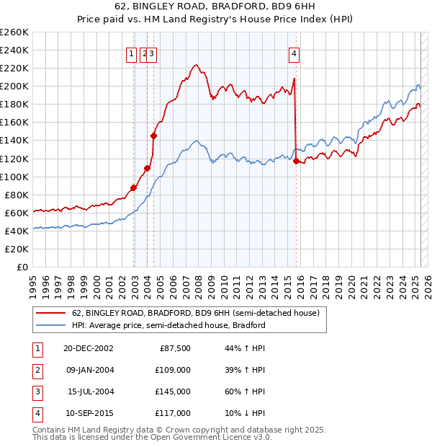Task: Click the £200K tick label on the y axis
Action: click(x=14, y=86)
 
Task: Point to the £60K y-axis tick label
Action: click(x=17, y=213)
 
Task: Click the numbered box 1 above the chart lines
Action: click(x=131, y=53)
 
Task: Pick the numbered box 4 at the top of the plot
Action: click(x=295, y=53)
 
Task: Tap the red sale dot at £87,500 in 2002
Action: click(x=134, y=187)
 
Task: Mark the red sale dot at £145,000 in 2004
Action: click(x=153, y=136)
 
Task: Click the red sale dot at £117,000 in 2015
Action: click(x=296, y=161)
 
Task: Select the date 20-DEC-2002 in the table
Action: click(x=89, y=348)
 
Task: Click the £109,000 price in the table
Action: click(x=174, y=370)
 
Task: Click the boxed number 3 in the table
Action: click(x=35, y=391)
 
